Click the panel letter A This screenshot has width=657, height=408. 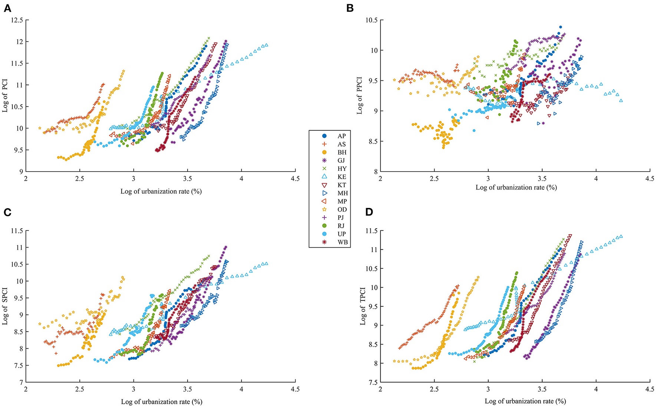pyautogui.click(x=7, y=8)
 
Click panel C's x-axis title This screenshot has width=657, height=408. pyautogui.click(x=161, y=401)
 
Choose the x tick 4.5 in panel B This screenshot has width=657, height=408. pyautogui.click(x=649, y=178)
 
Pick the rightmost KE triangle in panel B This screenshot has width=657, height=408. pyautogui.click(x=621, y=100)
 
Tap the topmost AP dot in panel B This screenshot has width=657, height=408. pyautogui.click(x=560, y=27)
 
